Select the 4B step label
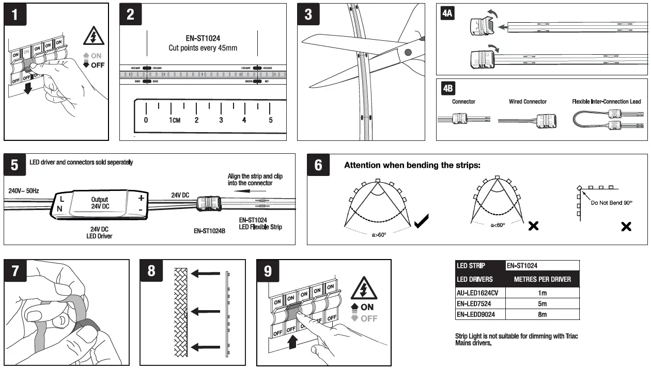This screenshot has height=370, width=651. click(x=447, y=88)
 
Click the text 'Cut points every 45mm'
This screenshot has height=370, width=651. click(x=202, y=48)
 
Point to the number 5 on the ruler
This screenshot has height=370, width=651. click(x=270, y=120)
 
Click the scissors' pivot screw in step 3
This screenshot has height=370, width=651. click(x=408, y=52)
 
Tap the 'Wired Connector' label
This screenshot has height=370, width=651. click(x=528, y=102)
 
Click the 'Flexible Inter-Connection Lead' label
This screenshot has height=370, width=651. click(x=606, y=102)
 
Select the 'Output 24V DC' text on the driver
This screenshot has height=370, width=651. click(x=100, y=202)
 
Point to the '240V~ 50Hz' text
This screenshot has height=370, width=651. click(x=24, y=191)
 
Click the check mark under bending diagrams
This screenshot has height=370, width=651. click(x=421, y=223)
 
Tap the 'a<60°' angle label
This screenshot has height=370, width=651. click(x=498, y=225)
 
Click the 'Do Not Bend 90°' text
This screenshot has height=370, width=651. click(x=612, y=203)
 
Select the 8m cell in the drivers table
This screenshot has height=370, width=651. click(x=542, y=314)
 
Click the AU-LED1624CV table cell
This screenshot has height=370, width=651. click(x=480, y=293)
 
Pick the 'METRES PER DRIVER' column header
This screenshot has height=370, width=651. click(x=542, y=279)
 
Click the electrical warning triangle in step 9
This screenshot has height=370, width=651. click(x=364, y=290)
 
